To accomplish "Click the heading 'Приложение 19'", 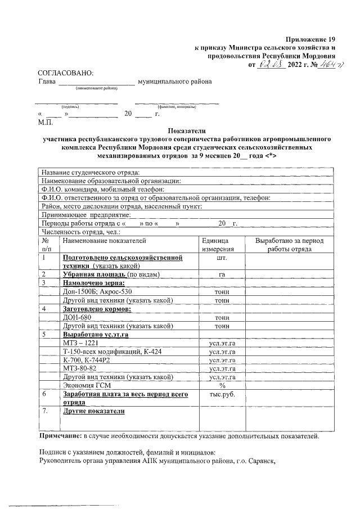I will pos(310,39).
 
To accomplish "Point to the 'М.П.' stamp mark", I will pos(45,121).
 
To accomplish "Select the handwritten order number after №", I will pos(324,64).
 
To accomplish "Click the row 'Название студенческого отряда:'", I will pos(90,172).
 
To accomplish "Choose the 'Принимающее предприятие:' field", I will pos(87,214).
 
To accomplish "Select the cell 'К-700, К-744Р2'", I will pos(89,360).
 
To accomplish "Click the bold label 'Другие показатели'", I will pos(93,411).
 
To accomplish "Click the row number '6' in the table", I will pos(44,394).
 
